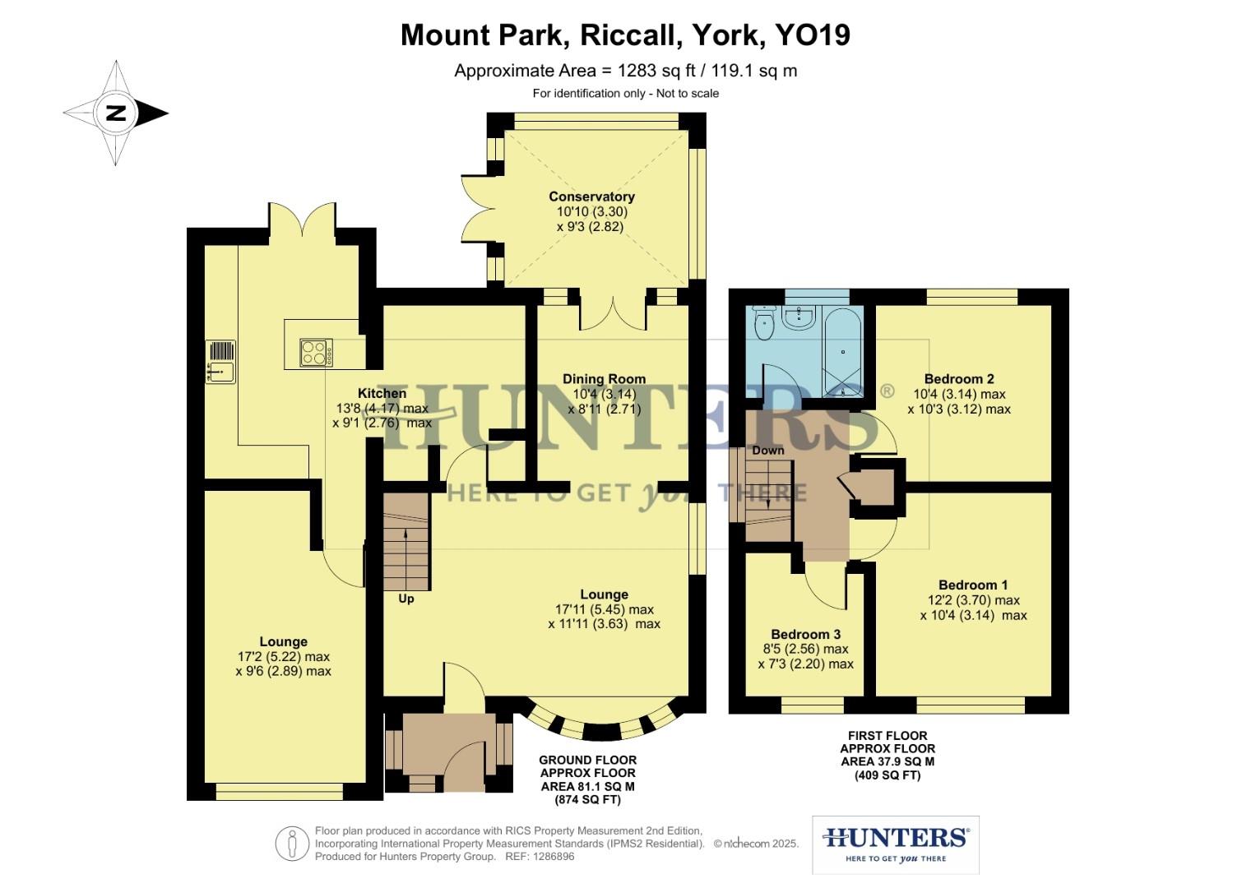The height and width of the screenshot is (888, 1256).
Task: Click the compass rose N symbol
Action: coord(116,113)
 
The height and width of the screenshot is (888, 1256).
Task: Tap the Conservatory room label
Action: coord(591,197)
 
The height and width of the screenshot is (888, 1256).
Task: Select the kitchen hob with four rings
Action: coord(316,353)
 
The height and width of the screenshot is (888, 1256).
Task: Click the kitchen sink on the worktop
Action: coord(220,363)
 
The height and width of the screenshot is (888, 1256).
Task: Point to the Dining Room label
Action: coord(604,379)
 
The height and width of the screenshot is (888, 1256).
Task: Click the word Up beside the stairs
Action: coord(406,599)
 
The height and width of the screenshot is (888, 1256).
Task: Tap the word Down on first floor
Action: coord(767,451)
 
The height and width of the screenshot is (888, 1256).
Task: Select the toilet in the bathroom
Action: coord(765,322)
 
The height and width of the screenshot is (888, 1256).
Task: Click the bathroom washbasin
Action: coord(798,317)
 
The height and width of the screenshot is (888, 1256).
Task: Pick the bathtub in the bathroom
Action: coord(843,352)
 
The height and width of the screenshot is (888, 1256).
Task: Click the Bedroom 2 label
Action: coord(959,379)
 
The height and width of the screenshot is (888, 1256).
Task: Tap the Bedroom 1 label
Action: coord(973,585)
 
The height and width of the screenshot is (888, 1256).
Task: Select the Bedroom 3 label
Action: coord(805,635)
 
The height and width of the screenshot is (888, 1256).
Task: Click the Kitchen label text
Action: coord(382,394)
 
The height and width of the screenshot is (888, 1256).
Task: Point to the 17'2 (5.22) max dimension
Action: coord(283,657)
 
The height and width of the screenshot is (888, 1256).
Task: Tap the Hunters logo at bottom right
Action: coord(895,844)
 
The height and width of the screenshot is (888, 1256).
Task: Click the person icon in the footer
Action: coord(292,844)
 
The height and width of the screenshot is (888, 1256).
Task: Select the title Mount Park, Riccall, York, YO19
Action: coord(625,35)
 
